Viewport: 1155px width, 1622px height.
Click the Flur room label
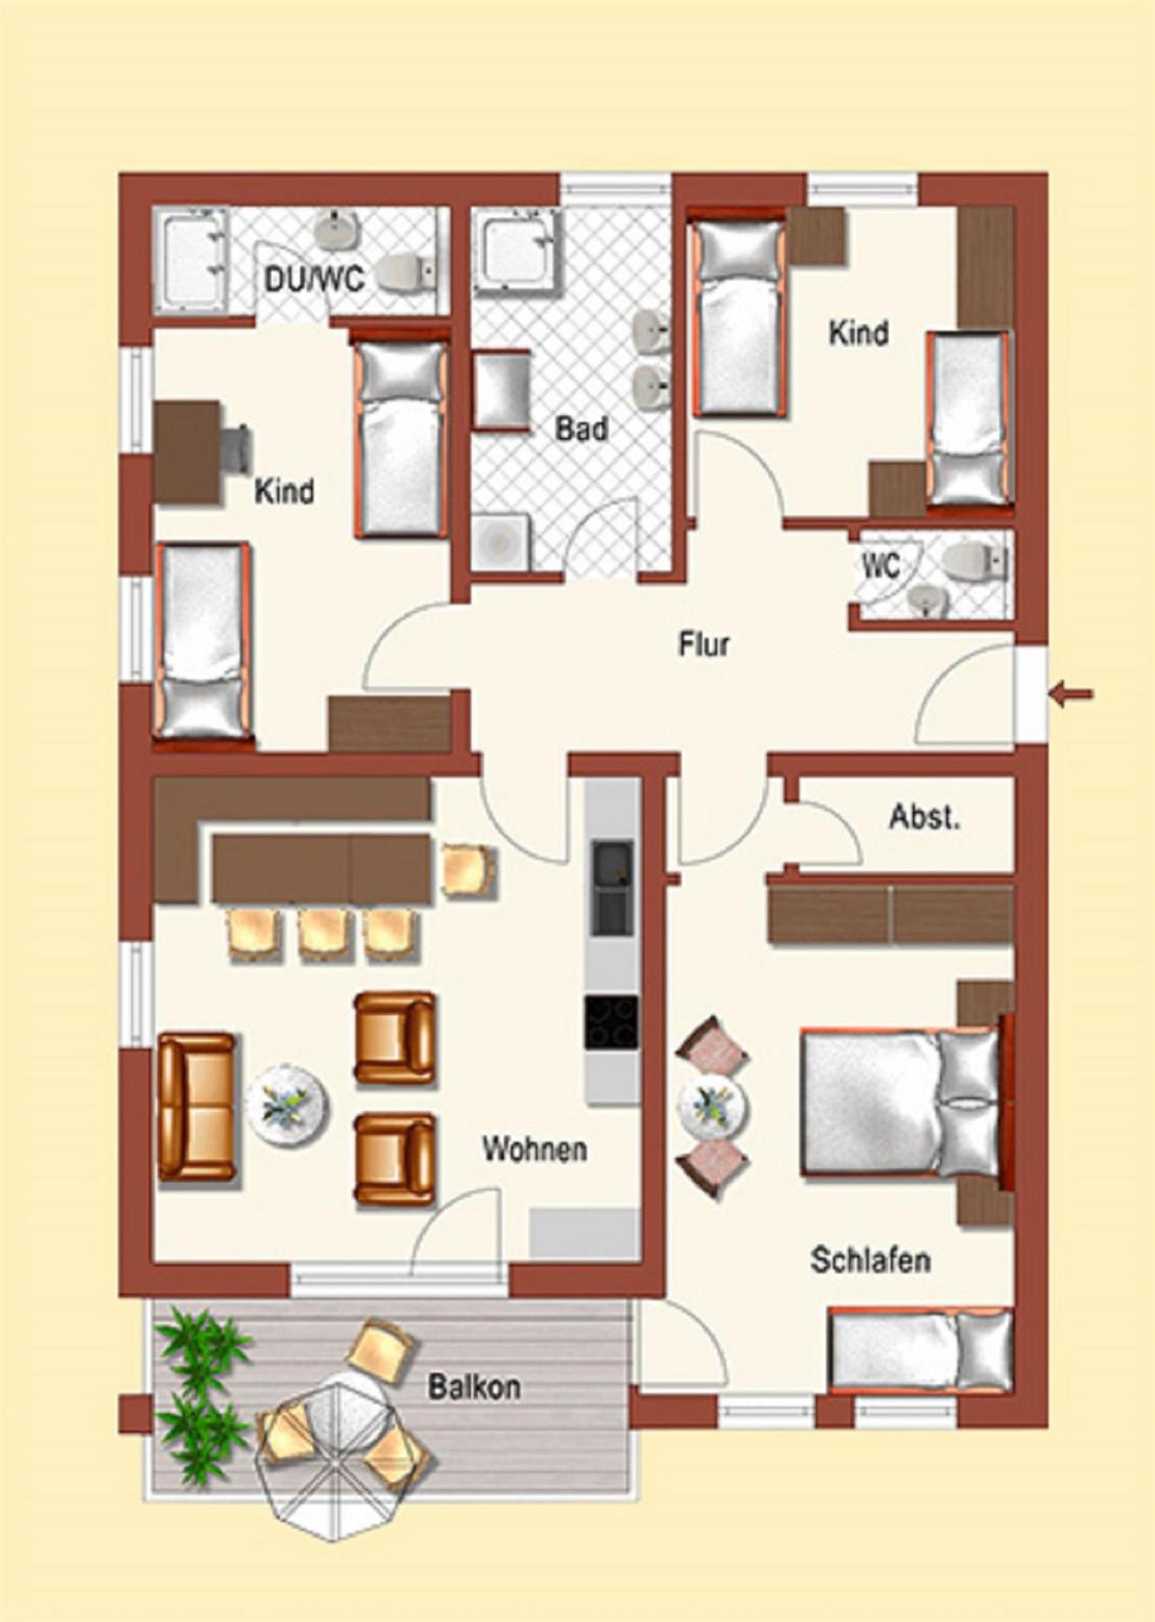703,645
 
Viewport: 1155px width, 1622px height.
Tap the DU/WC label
315,279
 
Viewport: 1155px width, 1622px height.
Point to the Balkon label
474,1388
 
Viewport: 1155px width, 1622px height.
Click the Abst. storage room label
925,818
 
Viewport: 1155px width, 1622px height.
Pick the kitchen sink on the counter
612,888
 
